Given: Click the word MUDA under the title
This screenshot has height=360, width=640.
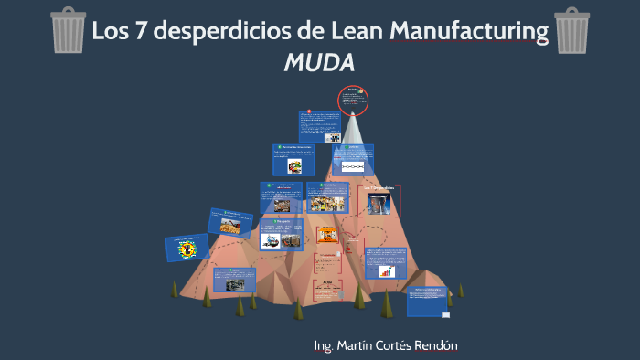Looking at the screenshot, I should click(x=318, y=62).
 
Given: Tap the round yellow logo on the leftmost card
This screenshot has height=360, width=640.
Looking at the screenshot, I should click(x=187, y=248).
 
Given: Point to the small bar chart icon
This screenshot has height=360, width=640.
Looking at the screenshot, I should click(x=387, y=271).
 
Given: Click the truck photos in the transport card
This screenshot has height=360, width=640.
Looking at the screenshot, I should click(x=281, y=240).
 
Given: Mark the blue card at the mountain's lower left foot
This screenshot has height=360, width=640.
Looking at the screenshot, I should click(x=240, y=280).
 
